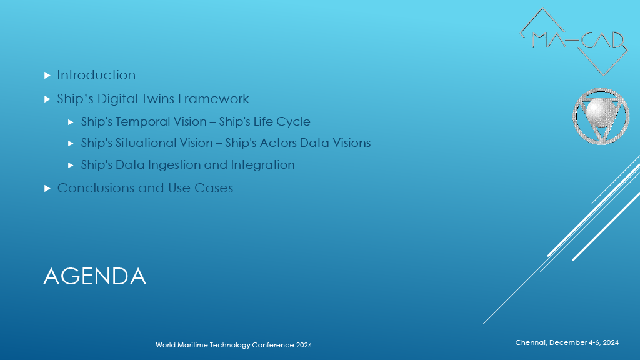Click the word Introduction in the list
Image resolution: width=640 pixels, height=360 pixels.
click(96, 75)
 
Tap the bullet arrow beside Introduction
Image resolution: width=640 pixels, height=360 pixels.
click(47, 76)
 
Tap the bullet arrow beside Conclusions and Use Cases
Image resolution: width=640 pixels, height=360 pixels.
click(47, 189)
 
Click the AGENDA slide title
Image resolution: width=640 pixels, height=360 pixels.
click(95, 276)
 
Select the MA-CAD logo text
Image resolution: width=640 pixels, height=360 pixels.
click(578, 41)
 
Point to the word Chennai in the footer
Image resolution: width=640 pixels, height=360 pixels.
click(530, 342)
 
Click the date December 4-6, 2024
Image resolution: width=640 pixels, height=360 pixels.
click(584, 343)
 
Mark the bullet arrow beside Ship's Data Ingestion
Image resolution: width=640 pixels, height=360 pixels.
click(71, 165)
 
